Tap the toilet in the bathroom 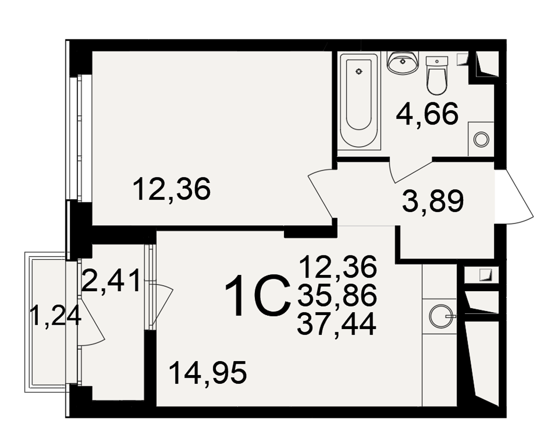click(x=437, y=76)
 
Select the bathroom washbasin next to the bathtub click(x=403, y=62)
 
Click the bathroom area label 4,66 click(x=427, y=114)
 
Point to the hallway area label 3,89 click(x=433, y=202)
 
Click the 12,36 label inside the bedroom click(x=171, y=189)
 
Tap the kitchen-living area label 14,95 click(x=208, y=372)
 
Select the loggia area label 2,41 click(x=111, y=281)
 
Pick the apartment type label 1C click(x=258, y=295)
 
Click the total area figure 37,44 click(x=337, y=324)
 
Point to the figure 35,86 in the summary click(x=337, y=296)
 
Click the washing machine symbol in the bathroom click(x=481, y=139)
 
